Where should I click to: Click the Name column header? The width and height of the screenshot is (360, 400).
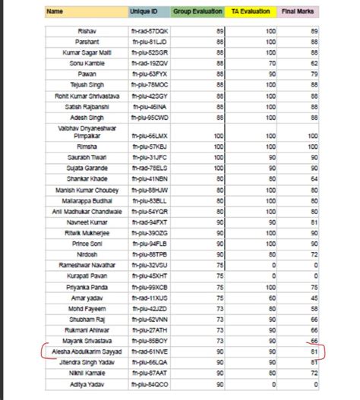point(54,12)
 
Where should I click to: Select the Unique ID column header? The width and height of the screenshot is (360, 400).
point(144,12)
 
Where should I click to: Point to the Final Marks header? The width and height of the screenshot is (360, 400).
point(300,12)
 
